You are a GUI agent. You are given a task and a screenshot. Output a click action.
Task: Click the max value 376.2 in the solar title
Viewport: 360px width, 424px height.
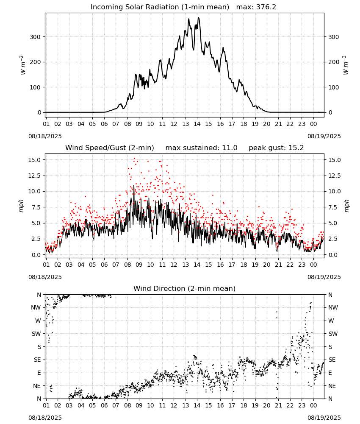coord(266,7)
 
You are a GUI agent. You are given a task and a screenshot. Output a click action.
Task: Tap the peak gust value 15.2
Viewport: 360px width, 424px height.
coord(296,148)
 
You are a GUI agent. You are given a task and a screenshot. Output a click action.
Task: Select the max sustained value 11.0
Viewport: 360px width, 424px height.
coord(230,148)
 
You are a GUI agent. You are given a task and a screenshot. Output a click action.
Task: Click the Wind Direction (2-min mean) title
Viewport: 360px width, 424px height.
coord(185,288)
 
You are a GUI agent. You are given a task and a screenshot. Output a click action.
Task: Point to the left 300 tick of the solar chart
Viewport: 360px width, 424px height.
coord(36,37)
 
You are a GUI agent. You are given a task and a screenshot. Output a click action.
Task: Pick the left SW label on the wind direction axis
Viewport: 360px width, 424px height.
coord(36,334)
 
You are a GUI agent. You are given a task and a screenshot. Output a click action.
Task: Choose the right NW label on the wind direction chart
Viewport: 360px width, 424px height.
coord(333,307)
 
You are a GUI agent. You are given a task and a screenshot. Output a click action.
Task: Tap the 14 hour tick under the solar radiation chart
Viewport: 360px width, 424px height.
coord(197,124)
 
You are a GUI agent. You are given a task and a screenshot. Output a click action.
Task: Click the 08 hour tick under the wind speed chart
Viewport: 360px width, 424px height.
coord(127,265)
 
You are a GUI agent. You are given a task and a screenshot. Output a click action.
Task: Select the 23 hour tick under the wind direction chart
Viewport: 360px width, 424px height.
coord(302,405)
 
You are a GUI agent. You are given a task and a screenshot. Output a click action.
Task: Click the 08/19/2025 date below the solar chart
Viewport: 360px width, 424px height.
coord(324,136)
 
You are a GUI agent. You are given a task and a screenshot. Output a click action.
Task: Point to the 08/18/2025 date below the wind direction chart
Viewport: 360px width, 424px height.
coord(45,418)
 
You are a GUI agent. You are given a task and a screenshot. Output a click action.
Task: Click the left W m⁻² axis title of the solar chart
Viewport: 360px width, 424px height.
coord(23,65)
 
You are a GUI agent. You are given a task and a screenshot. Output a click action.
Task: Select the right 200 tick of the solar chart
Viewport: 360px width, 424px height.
coord(334,62)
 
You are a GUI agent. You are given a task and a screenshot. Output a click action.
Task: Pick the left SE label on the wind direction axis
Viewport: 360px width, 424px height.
coord(37,360)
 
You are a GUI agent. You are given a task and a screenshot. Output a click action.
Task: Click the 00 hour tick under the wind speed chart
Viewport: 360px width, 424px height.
coord(313,265)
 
